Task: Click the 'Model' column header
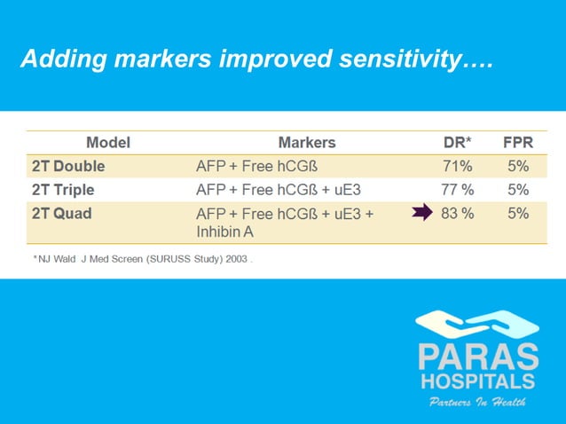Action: tap(108, 142)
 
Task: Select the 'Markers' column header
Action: tap(307, 142)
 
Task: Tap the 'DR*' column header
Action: tap(458, 142)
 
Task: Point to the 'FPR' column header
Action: tap(518, 142)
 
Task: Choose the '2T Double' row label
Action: tap(68, 166)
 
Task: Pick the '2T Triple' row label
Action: tap(63, 190)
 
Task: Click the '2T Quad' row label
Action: tap(61, 214)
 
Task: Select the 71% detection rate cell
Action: tap(458, 166)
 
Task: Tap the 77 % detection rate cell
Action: tap(458, 190)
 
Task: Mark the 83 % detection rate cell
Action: tap(458, 213)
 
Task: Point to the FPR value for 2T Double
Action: tap(519, 166)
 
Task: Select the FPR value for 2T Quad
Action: tap(519, 213)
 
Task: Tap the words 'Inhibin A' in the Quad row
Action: tap(225, 231)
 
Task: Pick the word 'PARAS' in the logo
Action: tap(478, 358)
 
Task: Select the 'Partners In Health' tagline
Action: tap(477, 402)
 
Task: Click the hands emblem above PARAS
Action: tap(477, 325)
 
